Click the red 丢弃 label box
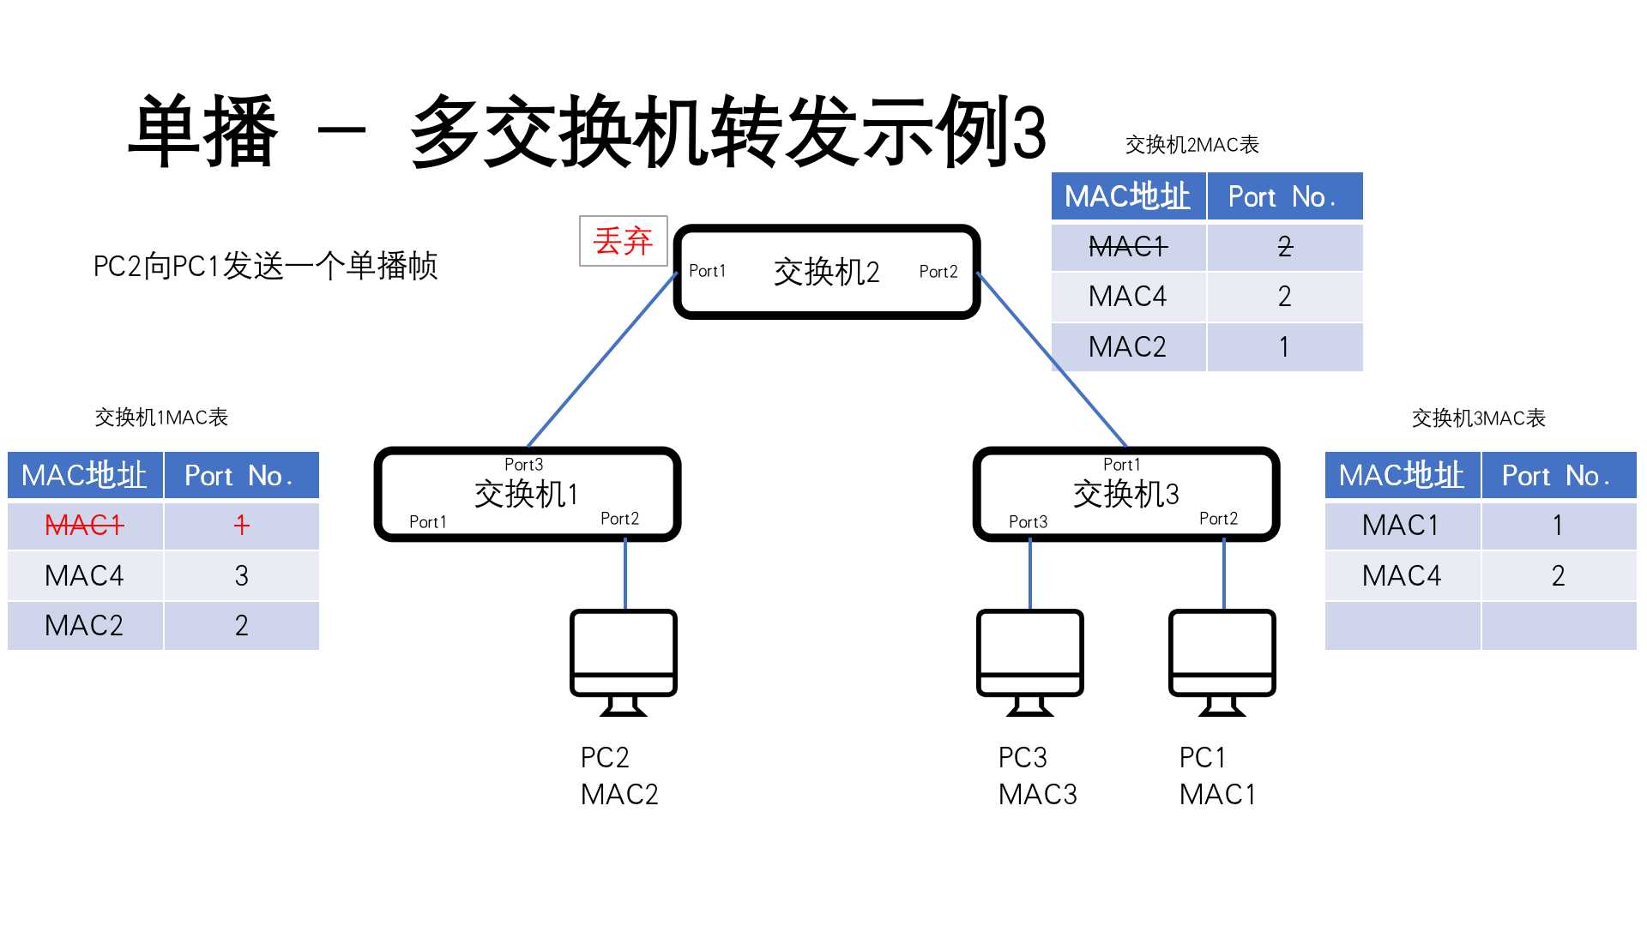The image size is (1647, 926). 623,241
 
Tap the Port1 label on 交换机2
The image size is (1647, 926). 707,271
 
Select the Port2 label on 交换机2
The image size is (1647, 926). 938,272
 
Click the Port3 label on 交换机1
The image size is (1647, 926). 523,464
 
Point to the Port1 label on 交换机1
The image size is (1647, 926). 427,521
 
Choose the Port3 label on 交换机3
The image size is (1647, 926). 1028,521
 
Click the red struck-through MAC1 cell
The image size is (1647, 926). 84,525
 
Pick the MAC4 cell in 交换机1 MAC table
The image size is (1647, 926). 84,575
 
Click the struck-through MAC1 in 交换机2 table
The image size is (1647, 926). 1127,247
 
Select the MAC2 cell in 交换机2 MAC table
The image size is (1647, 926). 1127,347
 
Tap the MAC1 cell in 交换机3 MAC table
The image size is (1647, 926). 1401,525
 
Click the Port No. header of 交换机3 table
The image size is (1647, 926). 1557,476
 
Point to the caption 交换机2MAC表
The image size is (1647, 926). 1192,145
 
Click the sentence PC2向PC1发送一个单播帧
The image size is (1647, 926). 265,266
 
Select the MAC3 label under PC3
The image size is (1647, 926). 1037,795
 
